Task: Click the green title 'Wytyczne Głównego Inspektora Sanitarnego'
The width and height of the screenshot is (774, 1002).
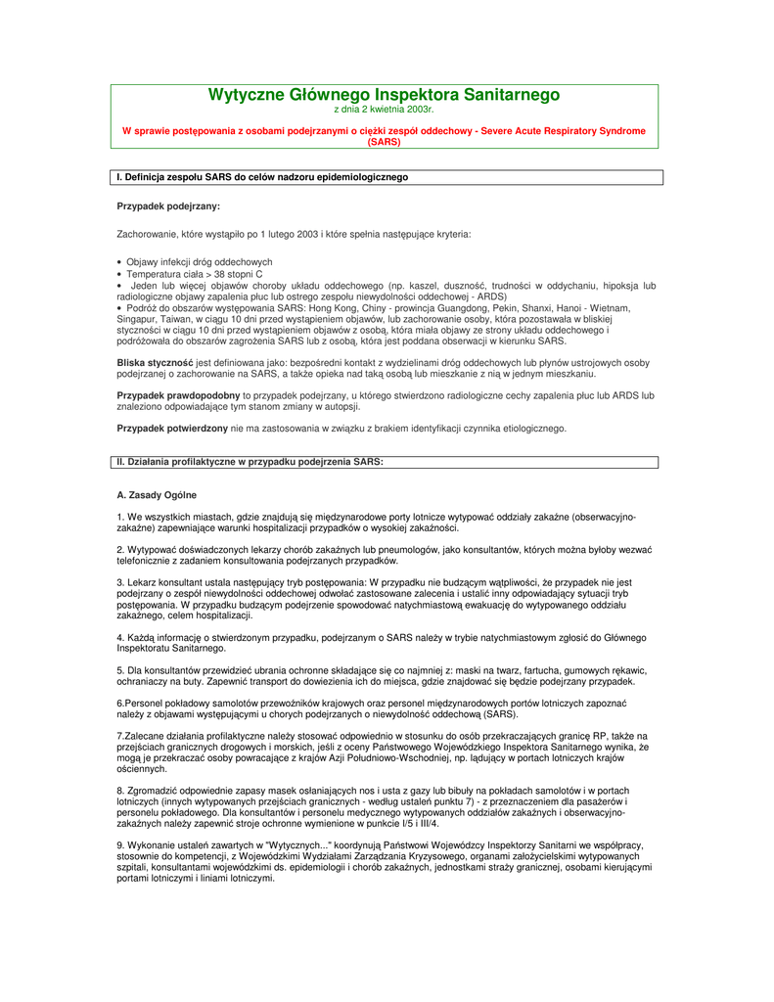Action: pyautogui.click(x=384, y=95)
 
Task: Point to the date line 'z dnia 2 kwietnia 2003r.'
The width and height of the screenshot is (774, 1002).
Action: pyautogui.click(x=384, y=110)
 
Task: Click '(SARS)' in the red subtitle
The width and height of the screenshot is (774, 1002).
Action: pyautogui.click(x=384, y=142)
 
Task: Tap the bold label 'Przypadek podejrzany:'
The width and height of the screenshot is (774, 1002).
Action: pyautogui.click(x=168, y=206)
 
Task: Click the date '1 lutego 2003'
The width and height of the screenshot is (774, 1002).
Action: pyautogui.click(x=289, y=235)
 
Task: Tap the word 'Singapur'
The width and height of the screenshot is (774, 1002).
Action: pyautogui.click(x=135, y=319)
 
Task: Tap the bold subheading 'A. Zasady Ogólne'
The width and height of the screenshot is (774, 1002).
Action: pyautogui.click(x=157, y=495)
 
